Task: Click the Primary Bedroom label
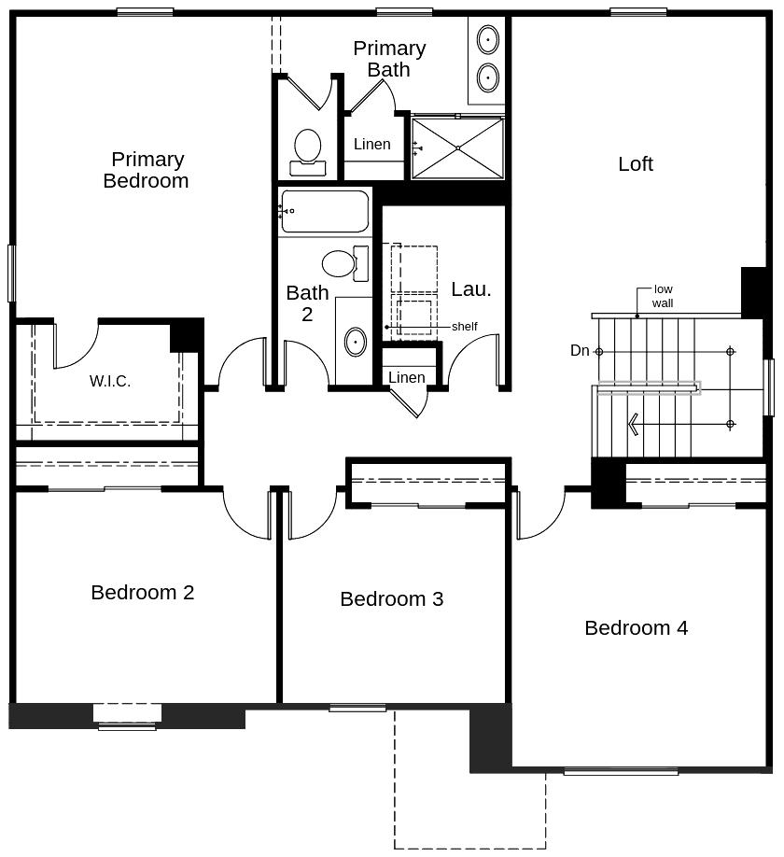(146, 170)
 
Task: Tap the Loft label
(636, 164)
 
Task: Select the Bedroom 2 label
(143, 592)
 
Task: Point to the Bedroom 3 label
(391, 599)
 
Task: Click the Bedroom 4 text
(636, 628)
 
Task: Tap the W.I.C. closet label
(110, 381)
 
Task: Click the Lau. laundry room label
(470, 289)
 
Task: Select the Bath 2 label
(307, 303)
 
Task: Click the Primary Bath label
(389, 59)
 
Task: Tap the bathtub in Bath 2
(324, 211)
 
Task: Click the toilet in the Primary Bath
(307, 151)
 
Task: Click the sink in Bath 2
(356, 342)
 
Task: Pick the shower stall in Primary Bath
(457, 148)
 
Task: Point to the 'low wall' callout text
(663, 296)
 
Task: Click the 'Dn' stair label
(580, 351)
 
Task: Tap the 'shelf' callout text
(464, 327)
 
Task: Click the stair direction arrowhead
(634, 425)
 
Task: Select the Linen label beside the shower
(372, 145)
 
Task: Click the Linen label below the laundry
(406, 377)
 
